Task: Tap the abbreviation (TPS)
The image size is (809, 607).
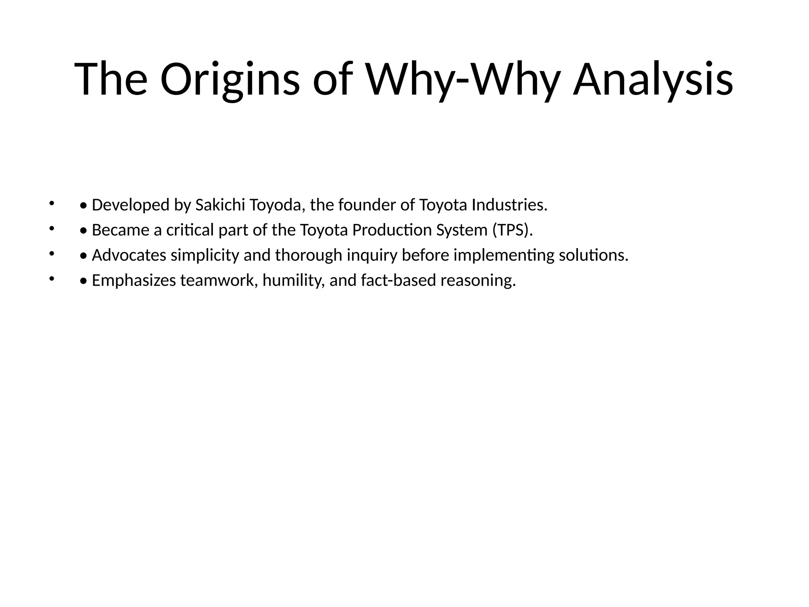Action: [512, 230]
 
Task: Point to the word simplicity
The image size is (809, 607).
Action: [205, 256]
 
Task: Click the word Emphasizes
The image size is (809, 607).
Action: [134, 281]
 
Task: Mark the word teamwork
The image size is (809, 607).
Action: [219, 281]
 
